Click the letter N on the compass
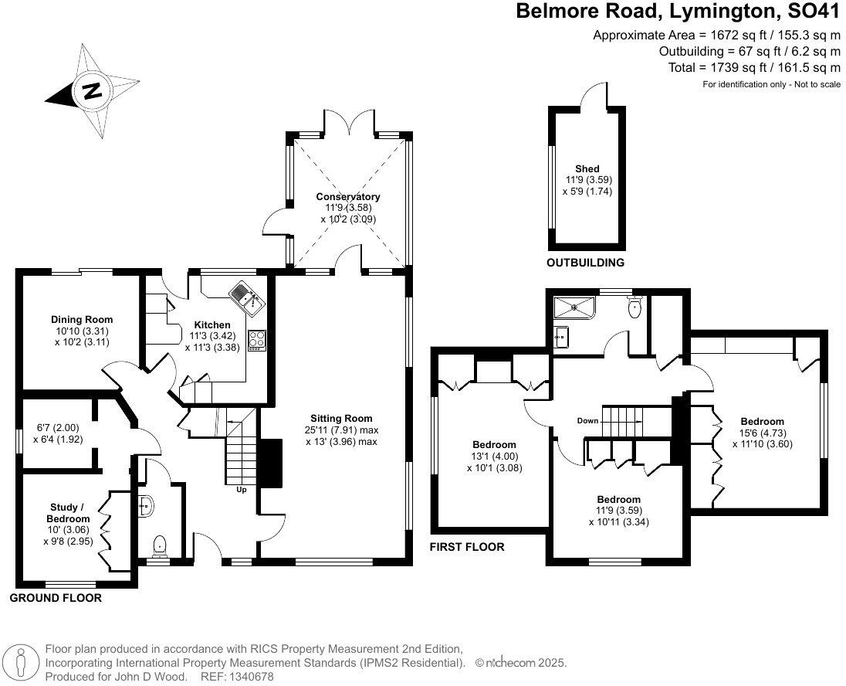tap(93, 90)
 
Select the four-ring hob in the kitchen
tap(257, 341)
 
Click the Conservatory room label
tap(348, 197)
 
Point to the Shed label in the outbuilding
tap(587, 168)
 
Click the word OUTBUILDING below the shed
tap(585, 263)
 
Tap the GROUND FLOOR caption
tap(56, 598)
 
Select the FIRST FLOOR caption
tap(467, 547)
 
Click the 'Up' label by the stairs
tap(241, 490)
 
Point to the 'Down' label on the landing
tap(587, 421)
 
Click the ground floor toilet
tap(161, 545)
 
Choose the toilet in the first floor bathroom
tap(635, 307)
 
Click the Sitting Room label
tap(341, 418)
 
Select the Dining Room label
tap(82, 319)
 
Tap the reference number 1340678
tap(252, 676)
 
